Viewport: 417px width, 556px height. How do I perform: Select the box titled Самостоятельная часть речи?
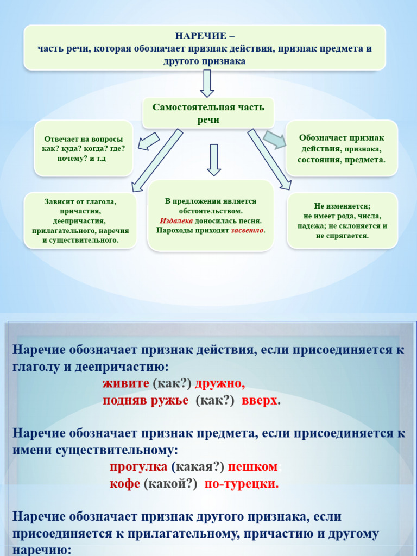(208, 113)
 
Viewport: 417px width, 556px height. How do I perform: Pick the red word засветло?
(247, 230)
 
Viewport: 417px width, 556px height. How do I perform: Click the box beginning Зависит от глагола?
(80, 220)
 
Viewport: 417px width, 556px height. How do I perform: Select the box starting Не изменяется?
(342, 221)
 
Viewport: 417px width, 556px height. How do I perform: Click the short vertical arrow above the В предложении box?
(213, 160)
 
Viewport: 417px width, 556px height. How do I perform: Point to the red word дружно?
(220, 383)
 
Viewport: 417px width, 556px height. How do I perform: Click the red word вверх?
(260, 400)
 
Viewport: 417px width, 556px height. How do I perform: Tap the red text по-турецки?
(241, 483)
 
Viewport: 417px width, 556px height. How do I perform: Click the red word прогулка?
(138, 466)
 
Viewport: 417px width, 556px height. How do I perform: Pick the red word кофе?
(125, 483)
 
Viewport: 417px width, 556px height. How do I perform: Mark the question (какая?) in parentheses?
(198, 466)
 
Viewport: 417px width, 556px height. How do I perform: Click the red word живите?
(126, 383)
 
